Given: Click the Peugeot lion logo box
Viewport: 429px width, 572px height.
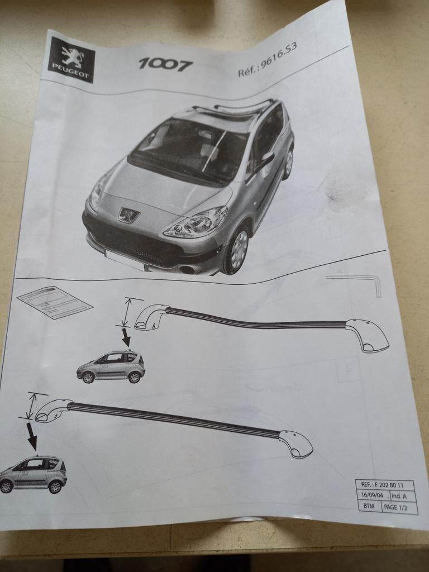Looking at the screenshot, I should click(71, 59).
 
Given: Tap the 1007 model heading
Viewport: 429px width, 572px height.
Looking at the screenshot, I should click(165, 64).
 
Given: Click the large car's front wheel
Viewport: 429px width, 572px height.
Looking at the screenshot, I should click(239, 250).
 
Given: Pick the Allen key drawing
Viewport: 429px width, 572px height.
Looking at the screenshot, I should click(357, 283).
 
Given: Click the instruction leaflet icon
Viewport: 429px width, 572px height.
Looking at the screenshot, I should click(55, 302).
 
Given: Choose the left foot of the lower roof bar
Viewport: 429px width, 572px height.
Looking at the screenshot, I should click(53, 410).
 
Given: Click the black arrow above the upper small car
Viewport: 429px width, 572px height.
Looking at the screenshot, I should click(125, 337).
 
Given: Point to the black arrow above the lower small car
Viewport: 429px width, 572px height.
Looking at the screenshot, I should click(31, 436).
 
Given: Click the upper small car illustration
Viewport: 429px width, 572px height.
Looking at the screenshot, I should click(111, 366).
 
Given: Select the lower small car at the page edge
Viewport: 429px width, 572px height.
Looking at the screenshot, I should click(33, 474).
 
